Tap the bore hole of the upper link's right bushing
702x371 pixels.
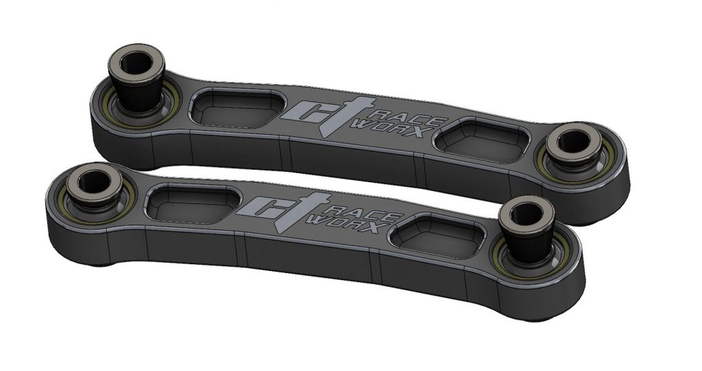point(569,142)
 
